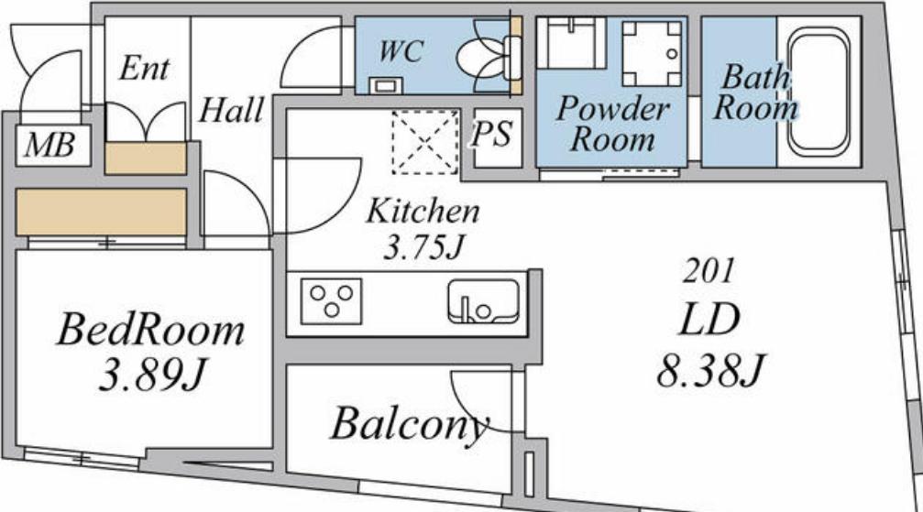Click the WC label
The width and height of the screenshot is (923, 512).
tap(401, 50)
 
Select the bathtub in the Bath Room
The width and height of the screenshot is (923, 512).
tap(819, 90)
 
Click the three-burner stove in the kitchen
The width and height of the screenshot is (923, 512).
tap(332, 301)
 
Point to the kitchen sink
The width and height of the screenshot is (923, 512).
tap(483, 301)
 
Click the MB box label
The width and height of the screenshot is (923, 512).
tap(50, 145)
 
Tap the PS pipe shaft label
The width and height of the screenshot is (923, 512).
tap(491, 134)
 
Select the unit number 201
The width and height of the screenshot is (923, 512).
tap(709, 271)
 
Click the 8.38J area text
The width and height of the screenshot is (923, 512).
tap(710, 370)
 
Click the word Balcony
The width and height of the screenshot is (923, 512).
tap(410, 425)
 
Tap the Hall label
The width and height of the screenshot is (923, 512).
tap(231, 110)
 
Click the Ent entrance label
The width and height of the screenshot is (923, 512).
tap(144, 68)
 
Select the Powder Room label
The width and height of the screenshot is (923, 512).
tap(613, 125)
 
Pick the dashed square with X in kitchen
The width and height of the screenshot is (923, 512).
tap(425, 142)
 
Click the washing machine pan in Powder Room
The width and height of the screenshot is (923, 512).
tap(652, 54)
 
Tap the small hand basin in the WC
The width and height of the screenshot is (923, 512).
tap(386, 85)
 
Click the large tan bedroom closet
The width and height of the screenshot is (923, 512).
tap(101, 212)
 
